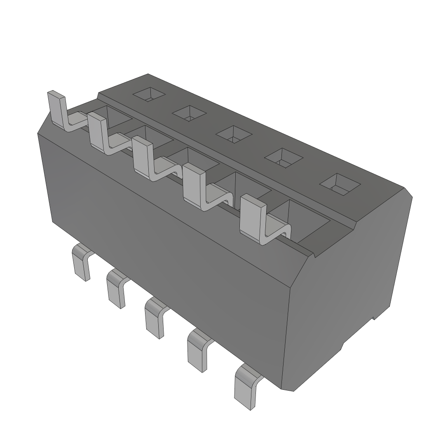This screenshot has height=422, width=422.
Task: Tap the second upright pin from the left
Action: [96, 132]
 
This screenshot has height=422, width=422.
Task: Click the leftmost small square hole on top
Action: [149, 94]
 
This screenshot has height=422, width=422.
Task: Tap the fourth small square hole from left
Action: [283, 157]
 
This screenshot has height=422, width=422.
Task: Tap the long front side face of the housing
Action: [165, 247]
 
